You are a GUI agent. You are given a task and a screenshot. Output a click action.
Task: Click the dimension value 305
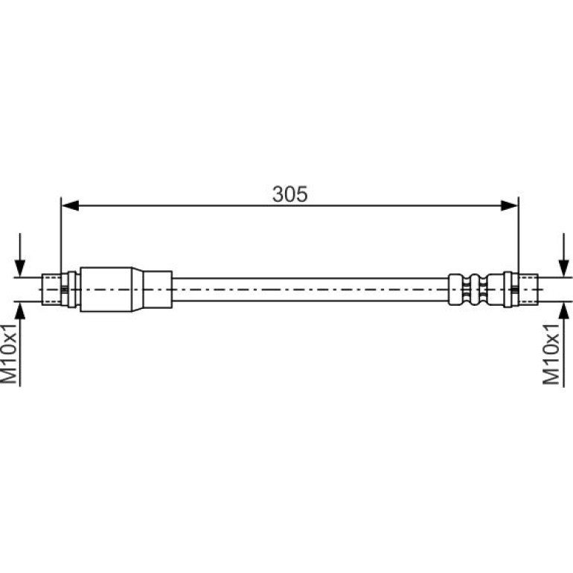click(x=289, y=194)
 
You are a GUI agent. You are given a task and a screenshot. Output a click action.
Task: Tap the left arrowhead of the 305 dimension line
click(x=70, y=205)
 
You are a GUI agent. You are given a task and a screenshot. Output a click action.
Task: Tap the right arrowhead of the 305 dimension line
click(x=510, y=205)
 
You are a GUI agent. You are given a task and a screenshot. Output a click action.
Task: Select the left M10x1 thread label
click(x=9, y=353)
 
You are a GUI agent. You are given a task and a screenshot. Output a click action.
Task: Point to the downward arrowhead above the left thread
click(x=20, y=268)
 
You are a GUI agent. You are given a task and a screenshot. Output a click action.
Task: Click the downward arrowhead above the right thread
click(x=564, y=268)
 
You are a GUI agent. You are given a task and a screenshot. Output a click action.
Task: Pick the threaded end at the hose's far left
click(x=51, y=289)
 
